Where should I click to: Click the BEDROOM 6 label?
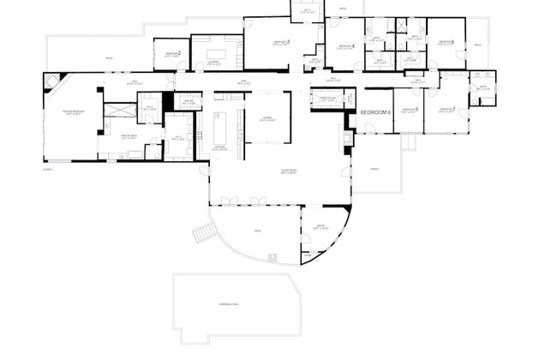pyautogui.click(x=375, y=112)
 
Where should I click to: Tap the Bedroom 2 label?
pyautogui.click(x=172, y=54)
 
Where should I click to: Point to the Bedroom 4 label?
pyautogui.click(x=346, y=46)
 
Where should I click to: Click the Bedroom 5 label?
pyautogui.click(x=410, y=110)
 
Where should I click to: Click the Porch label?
pyautogui.click(x=374, y=168)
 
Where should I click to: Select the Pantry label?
pyautogui.click(x=188, y=101)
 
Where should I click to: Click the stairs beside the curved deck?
pyautogui.click(x=203, y=231)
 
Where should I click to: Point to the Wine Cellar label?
pyautogui.click(x=326, y=99)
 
